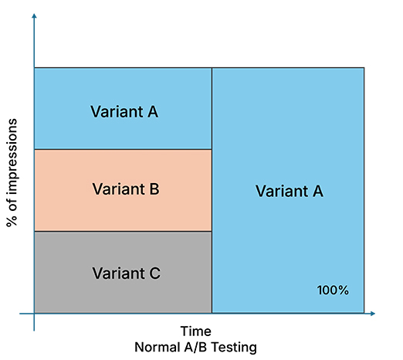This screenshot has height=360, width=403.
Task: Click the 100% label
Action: [x=333, y=290]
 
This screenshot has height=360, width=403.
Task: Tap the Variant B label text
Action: [x=126, y=189]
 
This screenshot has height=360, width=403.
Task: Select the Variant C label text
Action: [x=127, y=273]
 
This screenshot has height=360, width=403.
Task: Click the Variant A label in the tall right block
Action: [x=290, y=191]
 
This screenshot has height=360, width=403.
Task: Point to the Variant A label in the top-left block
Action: [x=124, y=111]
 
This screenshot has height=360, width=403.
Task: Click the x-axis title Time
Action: [x=196, y=331]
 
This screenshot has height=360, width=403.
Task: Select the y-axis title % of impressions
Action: [x=12, y=172]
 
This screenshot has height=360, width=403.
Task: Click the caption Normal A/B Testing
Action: [x=195, y=348]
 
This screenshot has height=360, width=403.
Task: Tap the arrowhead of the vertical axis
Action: [x=34, y=16]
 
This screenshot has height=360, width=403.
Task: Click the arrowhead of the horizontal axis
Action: [x=373, y=314]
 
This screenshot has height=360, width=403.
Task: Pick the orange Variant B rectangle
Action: [x=123, y=190]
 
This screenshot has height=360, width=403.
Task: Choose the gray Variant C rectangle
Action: [x=123, y=272]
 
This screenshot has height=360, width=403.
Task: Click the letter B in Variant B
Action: [x=154, y=189]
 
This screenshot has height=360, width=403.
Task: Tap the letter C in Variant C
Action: [x=154, y=273]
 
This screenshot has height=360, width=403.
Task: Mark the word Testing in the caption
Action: [x=234, y=348]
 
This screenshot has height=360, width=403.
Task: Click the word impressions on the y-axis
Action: [x=12, y=156]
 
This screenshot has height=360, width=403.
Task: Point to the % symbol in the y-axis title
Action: [x=12, y=222]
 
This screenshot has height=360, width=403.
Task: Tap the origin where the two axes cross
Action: [x=34, y=314]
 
